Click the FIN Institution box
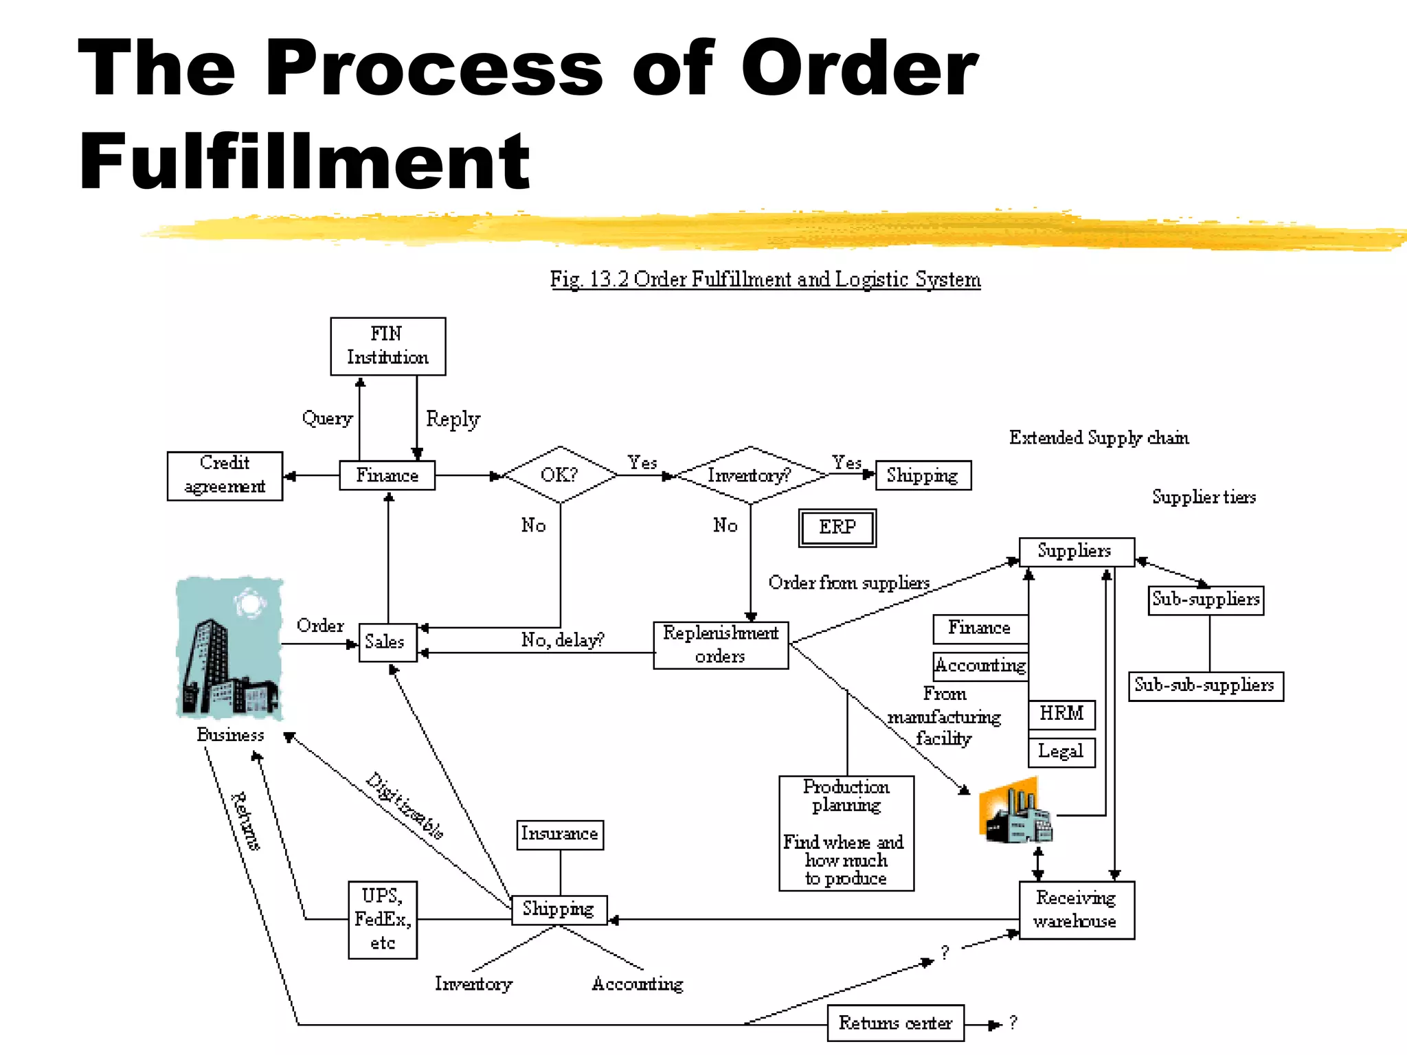pyautogui.click(x=387, y=346)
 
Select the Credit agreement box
pyautogui.click(x=225, y=476)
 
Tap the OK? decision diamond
pyautogui.click(x=560, y=475)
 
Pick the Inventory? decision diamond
pyautogui.click(x=750, y=475)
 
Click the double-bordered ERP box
pyautogui.click(x=837, y=527)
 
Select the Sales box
pyautogui.click(x=387, y=642)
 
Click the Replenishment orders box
pyautogui.click(x=721, y=645)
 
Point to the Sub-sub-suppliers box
pyautogui.click(x=1205, y=685)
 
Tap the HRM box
pyautogui.click(x=1061, y=714)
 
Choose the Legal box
pyautogui.click(x=1061, y=752)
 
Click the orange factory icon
pyautogui.click(x=1014, y=812)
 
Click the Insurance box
pyautogui.click(x=559, y=835)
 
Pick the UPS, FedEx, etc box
pyautogui.click(x=382, y=919)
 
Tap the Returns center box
pyautogui.click(x=895, y=1023)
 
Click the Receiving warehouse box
pyautogui.click(x=1076, y=909)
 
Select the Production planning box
pyautogui.click(x=846, y=833)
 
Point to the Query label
pyautogui.click(x=327, y=418)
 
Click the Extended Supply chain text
pyautogui.click(x=1099, y=438)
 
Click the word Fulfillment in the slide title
pyautogui.click(x=304, y=161)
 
